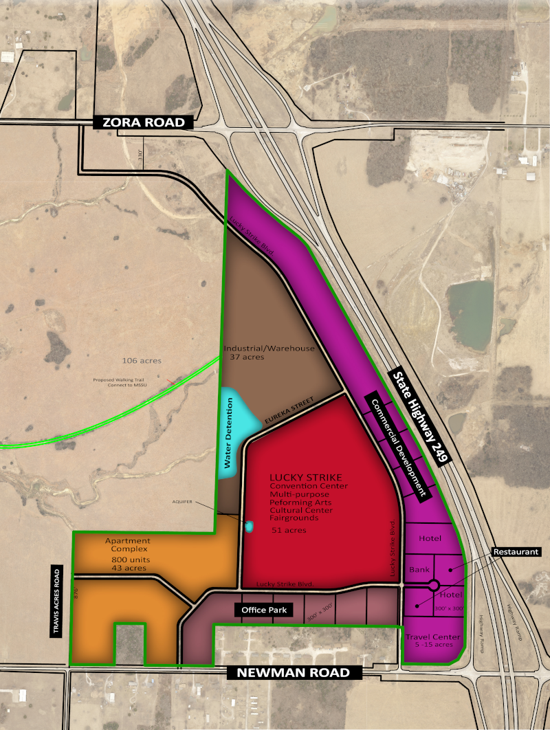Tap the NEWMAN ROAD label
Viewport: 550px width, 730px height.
(x=289, y=673)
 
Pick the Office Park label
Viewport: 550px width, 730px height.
(x=264, y=610)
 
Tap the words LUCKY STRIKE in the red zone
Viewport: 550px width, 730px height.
(x=306, y=478)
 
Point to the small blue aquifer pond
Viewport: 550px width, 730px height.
(x=249, y=527)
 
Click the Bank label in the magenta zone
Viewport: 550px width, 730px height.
(x=419, y=570)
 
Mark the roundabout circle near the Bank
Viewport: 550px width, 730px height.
(x=434, y=586)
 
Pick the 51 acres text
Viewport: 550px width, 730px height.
(x=288, y=531)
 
